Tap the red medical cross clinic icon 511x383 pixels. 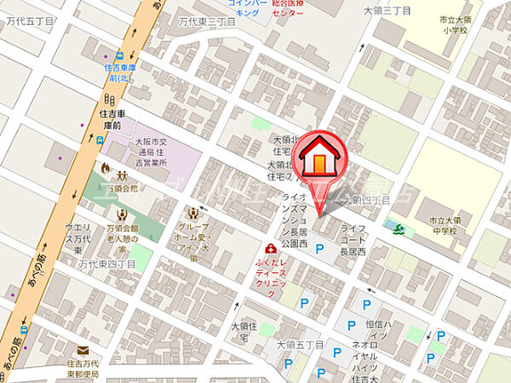click(270, 249)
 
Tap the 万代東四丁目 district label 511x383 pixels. click(106, 265)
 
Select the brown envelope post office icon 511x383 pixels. click(83, 350)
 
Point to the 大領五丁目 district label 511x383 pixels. click(299, 345)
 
